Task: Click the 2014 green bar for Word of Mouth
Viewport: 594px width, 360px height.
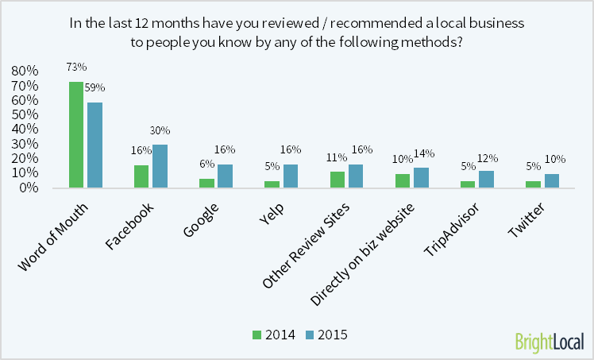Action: pos(76,135)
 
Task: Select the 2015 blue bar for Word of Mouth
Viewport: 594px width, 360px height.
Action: pos(94,145)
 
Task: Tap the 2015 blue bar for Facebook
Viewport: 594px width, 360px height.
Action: pos(160,166)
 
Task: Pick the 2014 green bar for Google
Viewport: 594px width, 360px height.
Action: pos(206,184)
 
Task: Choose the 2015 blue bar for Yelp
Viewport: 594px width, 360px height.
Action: pos(290,176)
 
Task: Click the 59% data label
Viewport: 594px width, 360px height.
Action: pos(95,87)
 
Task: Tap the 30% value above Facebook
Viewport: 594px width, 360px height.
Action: pos(160,130)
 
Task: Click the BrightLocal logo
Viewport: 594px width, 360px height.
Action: pos(549,340)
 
